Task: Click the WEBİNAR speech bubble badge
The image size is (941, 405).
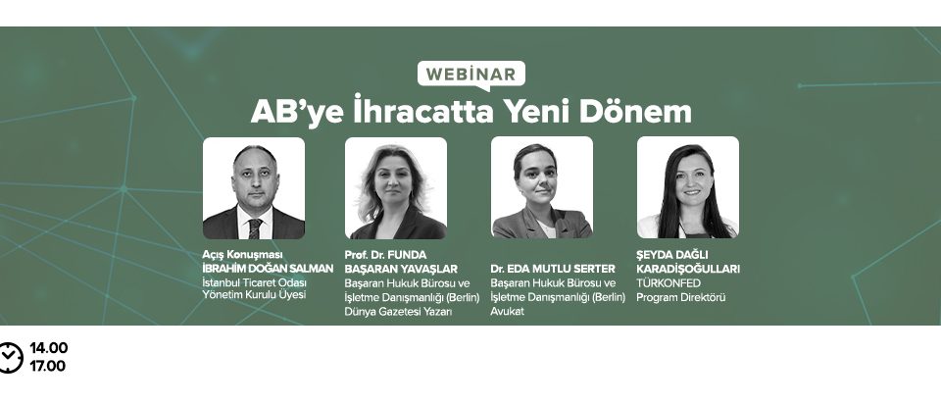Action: [x=471, y=75]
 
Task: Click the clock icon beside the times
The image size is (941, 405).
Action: [x=10, y=358]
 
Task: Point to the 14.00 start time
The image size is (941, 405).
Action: [x=49, y=348]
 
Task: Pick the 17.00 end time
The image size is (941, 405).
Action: [x=48, y=366]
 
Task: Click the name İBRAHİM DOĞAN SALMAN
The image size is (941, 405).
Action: [x=268, y=268]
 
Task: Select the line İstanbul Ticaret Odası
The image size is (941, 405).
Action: [x=255, y=282]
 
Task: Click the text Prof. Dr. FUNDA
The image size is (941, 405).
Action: [x=385, y=254]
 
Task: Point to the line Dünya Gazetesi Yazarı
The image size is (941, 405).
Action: [x=398, y=311]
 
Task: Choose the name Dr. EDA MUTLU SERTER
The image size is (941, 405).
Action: [x=553, y=268]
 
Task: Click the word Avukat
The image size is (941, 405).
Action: [x=508, y=312]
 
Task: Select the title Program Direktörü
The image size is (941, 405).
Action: [x=681, y=297]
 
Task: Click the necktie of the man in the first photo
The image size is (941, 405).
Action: [x=255, y=228]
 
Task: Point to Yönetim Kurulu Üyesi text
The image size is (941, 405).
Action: [x=255, y=295]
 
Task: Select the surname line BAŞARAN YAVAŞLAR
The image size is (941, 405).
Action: [x=402, y=269]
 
